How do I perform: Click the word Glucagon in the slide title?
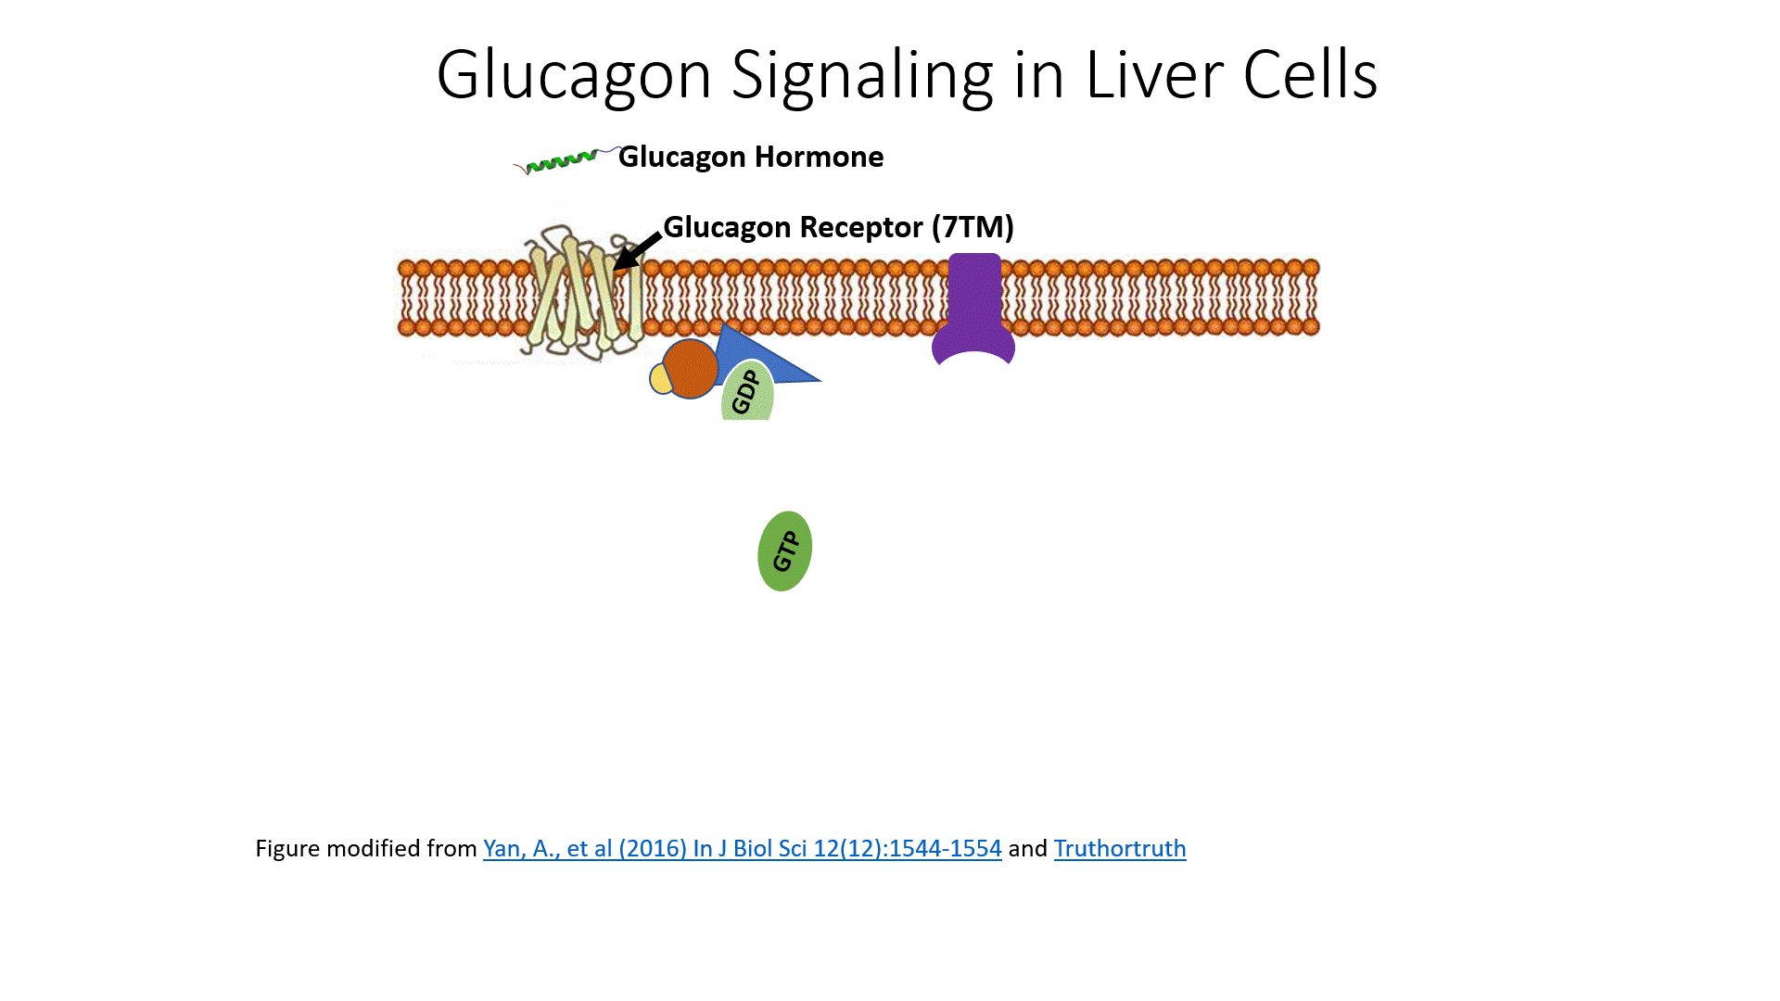(x=573, y=75)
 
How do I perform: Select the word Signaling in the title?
(x=862, y=75)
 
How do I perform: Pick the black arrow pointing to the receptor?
(x=637, y=251)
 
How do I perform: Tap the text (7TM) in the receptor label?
(x=973, y=227)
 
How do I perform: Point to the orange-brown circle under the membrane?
(x=690, y=368)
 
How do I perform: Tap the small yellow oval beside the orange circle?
(x=659, y=378)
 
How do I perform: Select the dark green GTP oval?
(x=784, y=551)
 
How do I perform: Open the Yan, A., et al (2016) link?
(x=742, y=848)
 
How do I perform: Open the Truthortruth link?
(x=1119, y=848)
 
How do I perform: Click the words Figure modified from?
(x=365, y=848)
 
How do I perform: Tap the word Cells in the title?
(x=1310, y=75)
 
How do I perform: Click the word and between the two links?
(x=1027, y=848)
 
